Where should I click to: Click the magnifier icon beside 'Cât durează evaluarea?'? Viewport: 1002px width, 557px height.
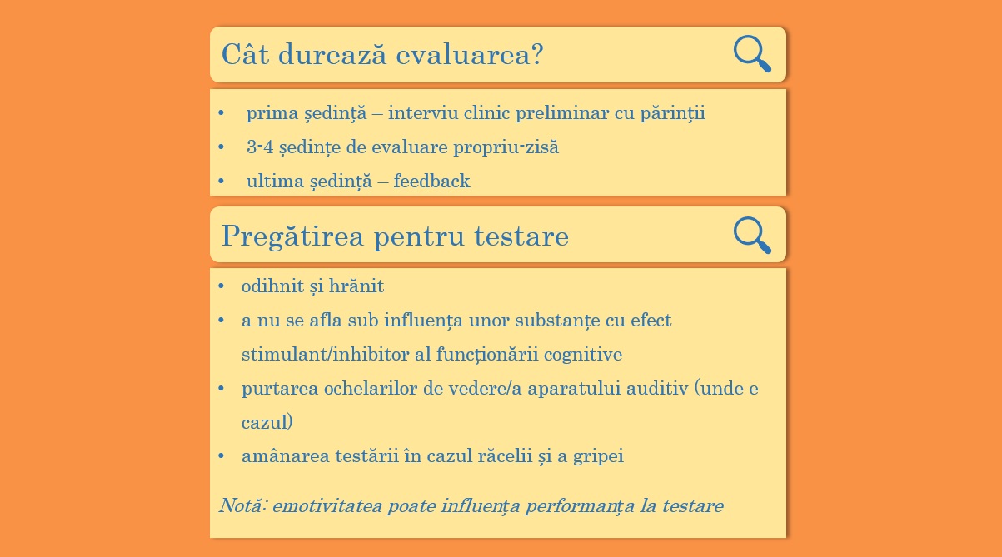tap(752, 53)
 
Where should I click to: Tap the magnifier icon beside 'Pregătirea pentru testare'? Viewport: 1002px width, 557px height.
tap(752, 235)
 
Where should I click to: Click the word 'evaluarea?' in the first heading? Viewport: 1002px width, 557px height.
tap(470, 55)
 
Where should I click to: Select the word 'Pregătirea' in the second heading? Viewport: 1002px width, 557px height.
tap(292, 236)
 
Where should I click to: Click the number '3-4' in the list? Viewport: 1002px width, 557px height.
tap(260, 147)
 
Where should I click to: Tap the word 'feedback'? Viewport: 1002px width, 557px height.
tap(431, 181)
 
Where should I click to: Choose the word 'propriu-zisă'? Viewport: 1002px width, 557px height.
tap(506, 148)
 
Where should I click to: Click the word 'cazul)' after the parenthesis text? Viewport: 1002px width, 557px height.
tap(267, 422)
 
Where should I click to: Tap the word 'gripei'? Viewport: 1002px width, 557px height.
tap(598, 457)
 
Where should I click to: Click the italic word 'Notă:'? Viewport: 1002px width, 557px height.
tap(243, 505)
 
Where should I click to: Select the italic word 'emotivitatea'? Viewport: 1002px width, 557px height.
tap(327, 506)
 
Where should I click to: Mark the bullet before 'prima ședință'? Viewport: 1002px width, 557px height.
tap(221, 112)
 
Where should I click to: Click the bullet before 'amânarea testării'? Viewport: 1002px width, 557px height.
tap(221, 456)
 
